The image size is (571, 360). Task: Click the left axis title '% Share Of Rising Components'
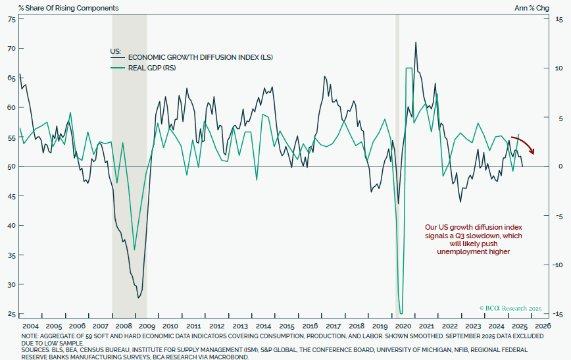pyautogui.click(x=62, y=8)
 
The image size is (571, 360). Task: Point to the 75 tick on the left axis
pyautogui.click(x=11, y=19)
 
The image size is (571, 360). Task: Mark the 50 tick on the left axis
pyautogui.click(x=11, y=167)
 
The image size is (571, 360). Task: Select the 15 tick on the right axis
pyautogui.click(x=557, y=19)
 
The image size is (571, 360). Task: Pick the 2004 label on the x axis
pyautogui.click(x=31, y=326)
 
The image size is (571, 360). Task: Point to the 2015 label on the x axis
pyautogui.click(x=287, y=326)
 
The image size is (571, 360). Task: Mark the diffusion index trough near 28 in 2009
pyautogui.click(x=138, y=297)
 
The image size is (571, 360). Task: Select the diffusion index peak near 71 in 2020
pyautogui.click(x=416, y=43)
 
